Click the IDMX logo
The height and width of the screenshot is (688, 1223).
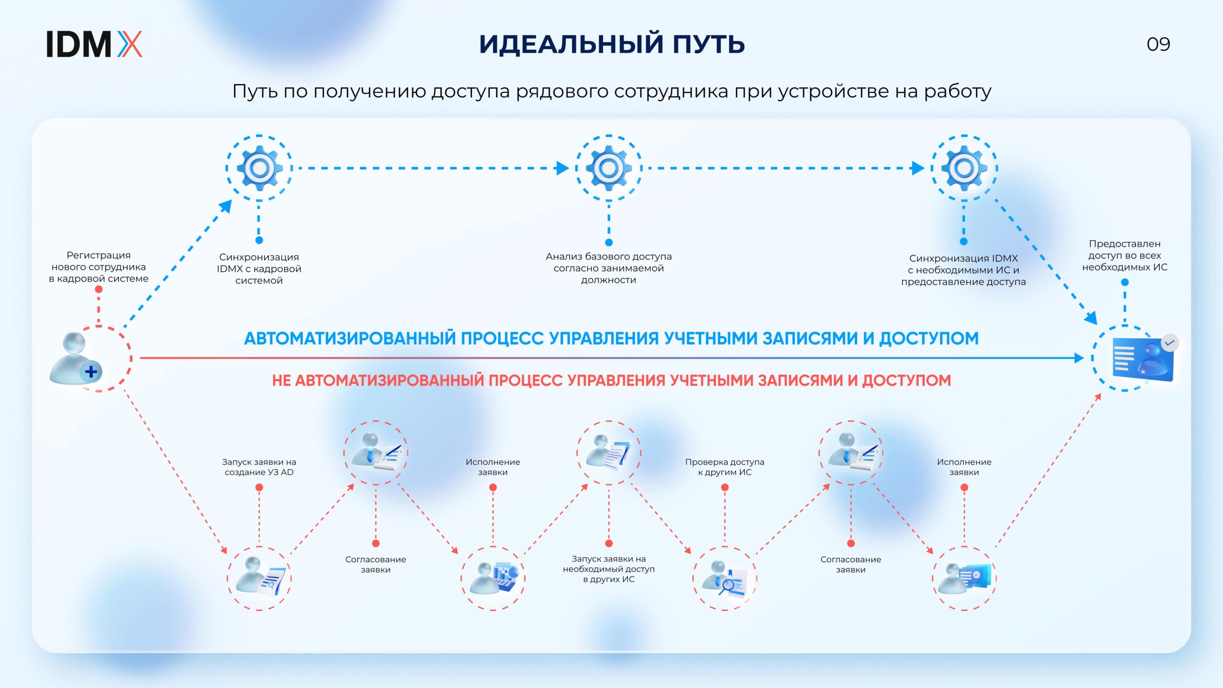click(94, 44)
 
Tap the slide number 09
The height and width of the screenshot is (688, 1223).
click(1158, 44)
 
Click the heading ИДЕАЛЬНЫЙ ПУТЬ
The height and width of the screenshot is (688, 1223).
click(612, 44)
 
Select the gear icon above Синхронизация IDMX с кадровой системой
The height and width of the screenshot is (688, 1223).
click(259, 168)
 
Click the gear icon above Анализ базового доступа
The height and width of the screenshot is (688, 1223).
click(609, 168)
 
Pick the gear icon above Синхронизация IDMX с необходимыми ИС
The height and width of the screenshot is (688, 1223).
click(964, 168)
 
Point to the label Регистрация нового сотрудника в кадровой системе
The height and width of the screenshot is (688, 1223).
click(98, 267)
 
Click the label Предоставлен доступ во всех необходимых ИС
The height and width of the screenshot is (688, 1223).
click(1125, 256)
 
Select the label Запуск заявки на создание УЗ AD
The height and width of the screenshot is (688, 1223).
click(259, 467)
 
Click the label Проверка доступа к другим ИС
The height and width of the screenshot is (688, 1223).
click(725, 467)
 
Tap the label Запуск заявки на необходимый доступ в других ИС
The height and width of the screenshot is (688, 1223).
click(609, 569)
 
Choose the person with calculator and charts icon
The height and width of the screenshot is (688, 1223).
click(493, 579)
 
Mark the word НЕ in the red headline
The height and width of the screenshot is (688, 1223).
click(281, 381)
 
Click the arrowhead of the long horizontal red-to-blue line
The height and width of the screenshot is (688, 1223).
click(1079, 358)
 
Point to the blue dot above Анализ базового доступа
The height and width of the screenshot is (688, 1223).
click(609, 242)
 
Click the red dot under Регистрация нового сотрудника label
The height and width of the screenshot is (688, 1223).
click(98, 289)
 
